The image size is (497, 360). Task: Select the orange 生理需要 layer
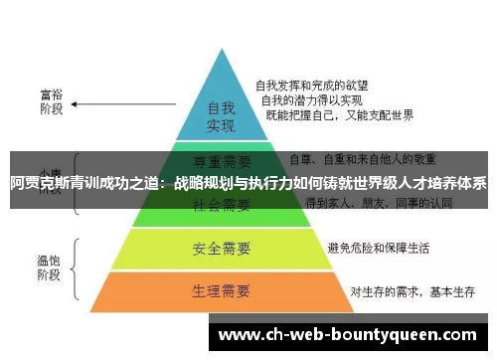coord(221,292)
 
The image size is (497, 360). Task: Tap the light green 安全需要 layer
coord(221,247)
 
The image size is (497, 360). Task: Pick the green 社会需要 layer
coord(221,205)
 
